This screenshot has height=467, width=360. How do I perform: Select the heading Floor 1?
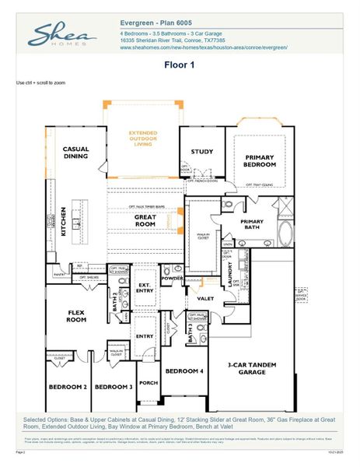coord(180,66)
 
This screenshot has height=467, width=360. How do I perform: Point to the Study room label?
coord(201,152)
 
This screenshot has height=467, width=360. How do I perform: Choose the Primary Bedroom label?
coord(255,161)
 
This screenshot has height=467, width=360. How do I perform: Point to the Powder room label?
coord(171,278)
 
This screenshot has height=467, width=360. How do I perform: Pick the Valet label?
coord(205,298)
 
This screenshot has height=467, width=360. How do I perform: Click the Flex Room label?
coord(76,315)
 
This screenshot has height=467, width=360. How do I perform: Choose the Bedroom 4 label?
coord(184,370)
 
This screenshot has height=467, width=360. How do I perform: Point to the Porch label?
coord(148,382)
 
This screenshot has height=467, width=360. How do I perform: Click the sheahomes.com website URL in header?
coord(204,47)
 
